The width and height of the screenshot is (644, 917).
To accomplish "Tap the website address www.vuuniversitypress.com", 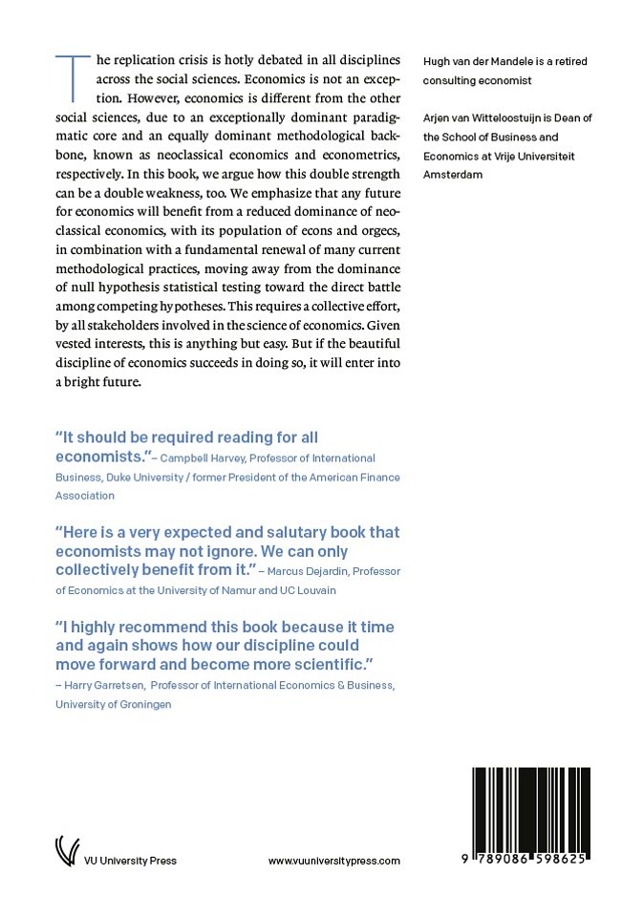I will [x=333, y=861].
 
